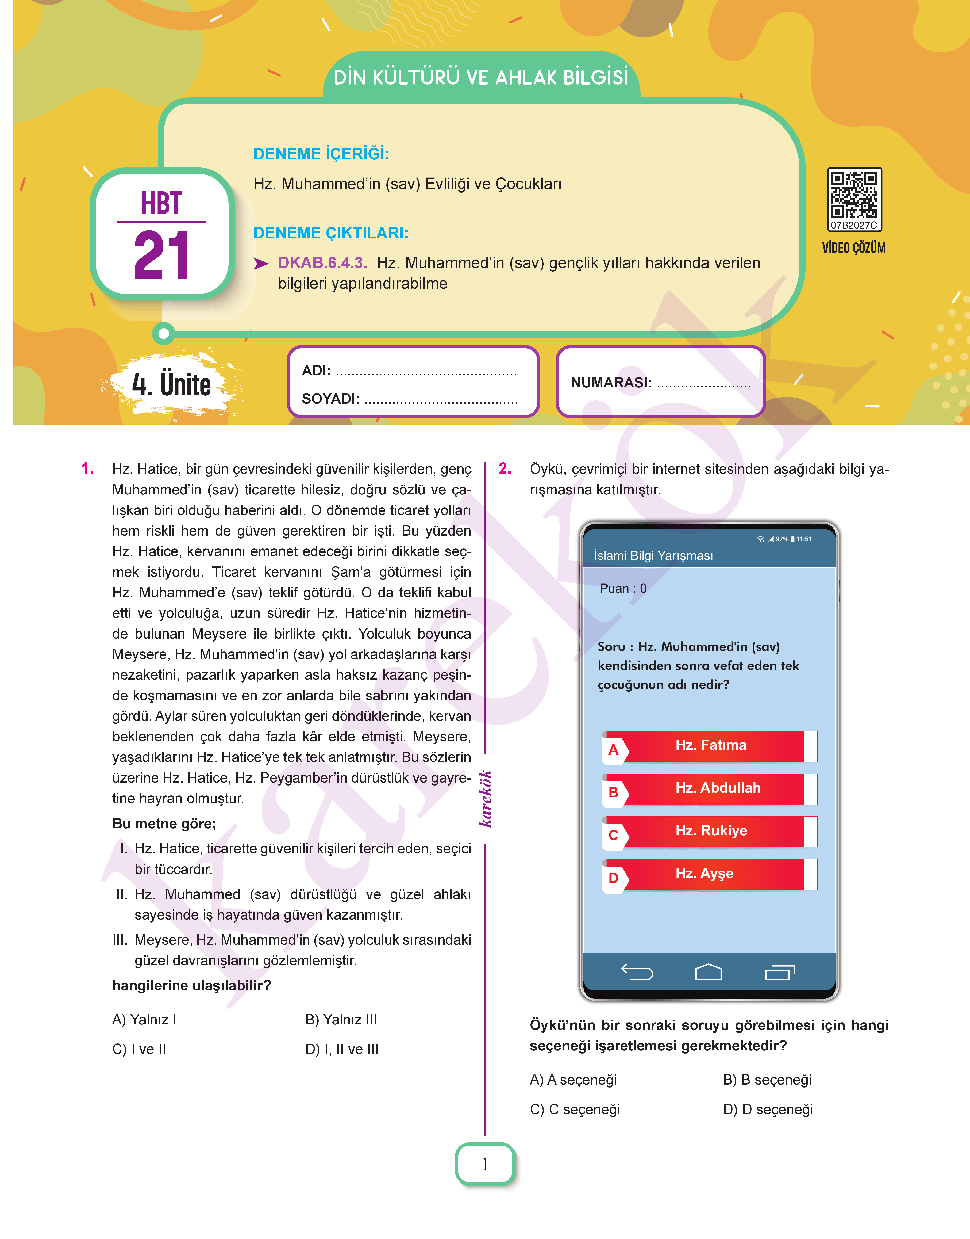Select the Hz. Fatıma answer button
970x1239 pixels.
[710, 746]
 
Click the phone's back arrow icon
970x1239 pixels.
[637, 972]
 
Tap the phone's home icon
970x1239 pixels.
[708, 972]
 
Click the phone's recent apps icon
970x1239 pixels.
[780, 972]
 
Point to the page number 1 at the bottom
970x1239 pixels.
[485, 1164]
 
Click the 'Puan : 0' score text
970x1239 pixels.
[623, 589]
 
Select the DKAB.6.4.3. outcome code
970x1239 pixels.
[322, 263]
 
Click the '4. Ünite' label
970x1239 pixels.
[171, 385]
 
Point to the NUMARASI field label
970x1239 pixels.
[611, 383]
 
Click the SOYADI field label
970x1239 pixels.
[331, 399]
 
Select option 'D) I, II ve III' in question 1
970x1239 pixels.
[342, 1049]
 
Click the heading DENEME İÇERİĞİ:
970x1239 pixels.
[321, 154]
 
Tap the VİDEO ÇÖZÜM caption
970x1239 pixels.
[854, 248]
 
